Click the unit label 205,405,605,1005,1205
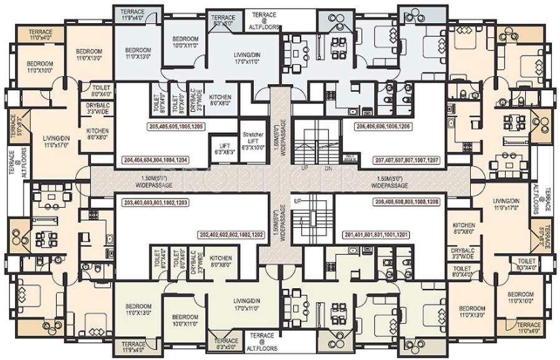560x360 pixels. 178,125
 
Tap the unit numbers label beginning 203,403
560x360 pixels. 156,202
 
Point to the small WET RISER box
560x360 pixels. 350,158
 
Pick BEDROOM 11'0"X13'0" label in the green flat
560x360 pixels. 138,309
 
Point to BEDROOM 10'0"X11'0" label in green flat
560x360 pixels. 185,319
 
